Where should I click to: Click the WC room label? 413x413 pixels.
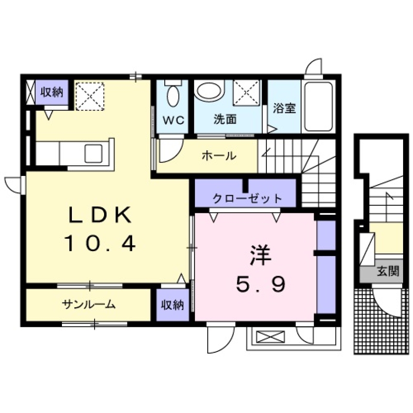coord(173,120)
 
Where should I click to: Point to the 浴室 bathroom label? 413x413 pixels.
coord(284,108)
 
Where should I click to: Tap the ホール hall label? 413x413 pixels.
coord(219,156)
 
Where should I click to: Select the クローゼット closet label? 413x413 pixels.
coord(247,199)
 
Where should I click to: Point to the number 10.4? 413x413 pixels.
coord(101,244)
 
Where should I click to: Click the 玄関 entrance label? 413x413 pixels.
coord(388,271)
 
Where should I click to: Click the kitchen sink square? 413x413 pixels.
coord(93,153)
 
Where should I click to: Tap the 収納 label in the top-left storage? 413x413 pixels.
coord(52,92)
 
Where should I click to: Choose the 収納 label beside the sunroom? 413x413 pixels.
coord(172,305)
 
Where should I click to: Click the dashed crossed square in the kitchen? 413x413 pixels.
coord(90,95)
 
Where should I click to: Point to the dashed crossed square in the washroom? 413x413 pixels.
coord(247,92)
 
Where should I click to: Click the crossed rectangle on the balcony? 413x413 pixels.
coord(271,336)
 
